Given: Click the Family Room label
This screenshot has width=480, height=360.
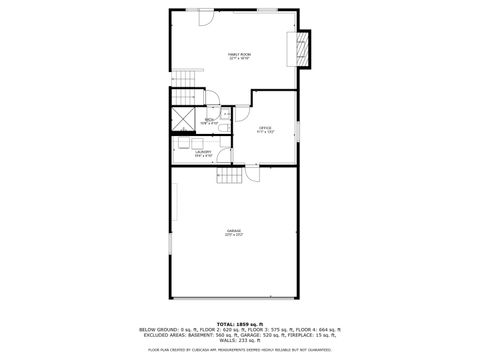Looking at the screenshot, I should point(238,56).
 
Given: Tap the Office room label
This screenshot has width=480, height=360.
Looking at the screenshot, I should point(265,130).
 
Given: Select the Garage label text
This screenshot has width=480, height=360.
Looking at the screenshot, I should point(234,232).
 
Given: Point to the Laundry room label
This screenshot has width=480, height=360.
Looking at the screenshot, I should point(203,153).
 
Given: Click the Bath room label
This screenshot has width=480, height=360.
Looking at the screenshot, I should point(210,122).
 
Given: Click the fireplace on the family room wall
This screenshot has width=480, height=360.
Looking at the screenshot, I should point(300,47).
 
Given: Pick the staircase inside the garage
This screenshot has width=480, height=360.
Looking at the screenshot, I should point(232,177).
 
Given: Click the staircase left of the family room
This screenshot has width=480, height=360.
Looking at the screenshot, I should point(184,96).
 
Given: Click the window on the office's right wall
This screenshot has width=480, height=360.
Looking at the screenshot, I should point(299,130).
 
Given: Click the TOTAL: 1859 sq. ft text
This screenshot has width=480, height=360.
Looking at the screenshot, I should point(239,323).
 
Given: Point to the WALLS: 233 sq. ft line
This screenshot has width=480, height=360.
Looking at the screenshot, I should point(239,340).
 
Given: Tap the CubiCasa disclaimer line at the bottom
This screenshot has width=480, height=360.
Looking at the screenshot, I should point(239,349).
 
